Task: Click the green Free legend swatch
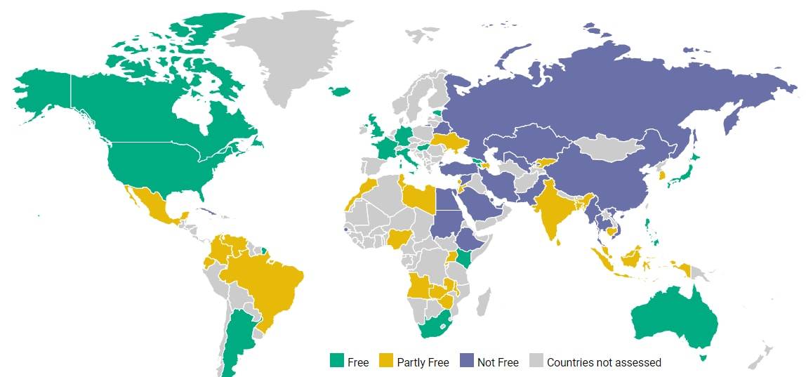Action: [x=337, y=361]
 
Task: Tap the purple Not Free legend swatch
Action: [x=467, y=361]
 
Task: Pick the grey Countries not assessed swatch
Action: [x=536, y=361]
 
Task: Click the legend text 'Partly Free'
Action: [x=423, y=362]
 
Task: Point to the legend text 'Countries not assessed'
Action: [x=604, y=362]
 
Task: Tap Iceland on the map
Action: [x=340, y=91]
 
